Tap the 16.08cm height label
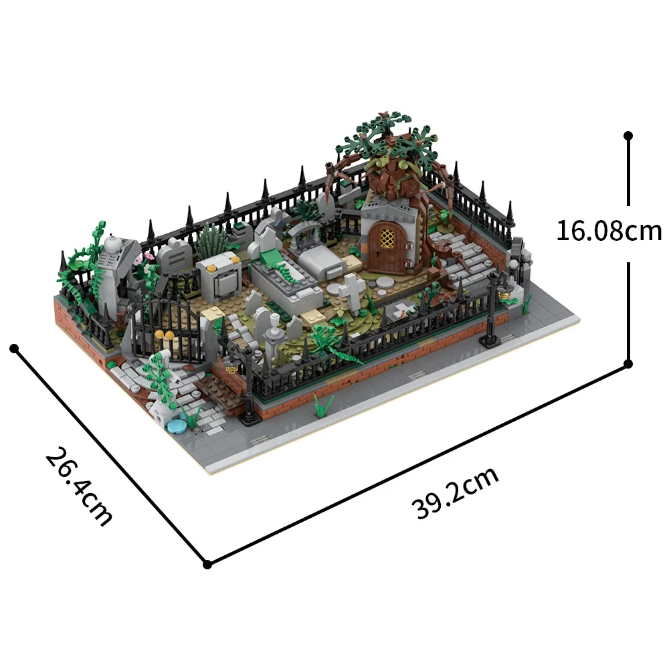click(609, 231)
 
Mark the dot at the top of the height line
click(628, 135)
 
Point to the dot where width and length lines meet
click(207, 564)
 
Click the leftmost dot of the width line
click(13, 348)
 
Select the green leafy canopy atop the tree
click(388, 137)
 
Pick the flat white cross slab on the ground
click(403, 310)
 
